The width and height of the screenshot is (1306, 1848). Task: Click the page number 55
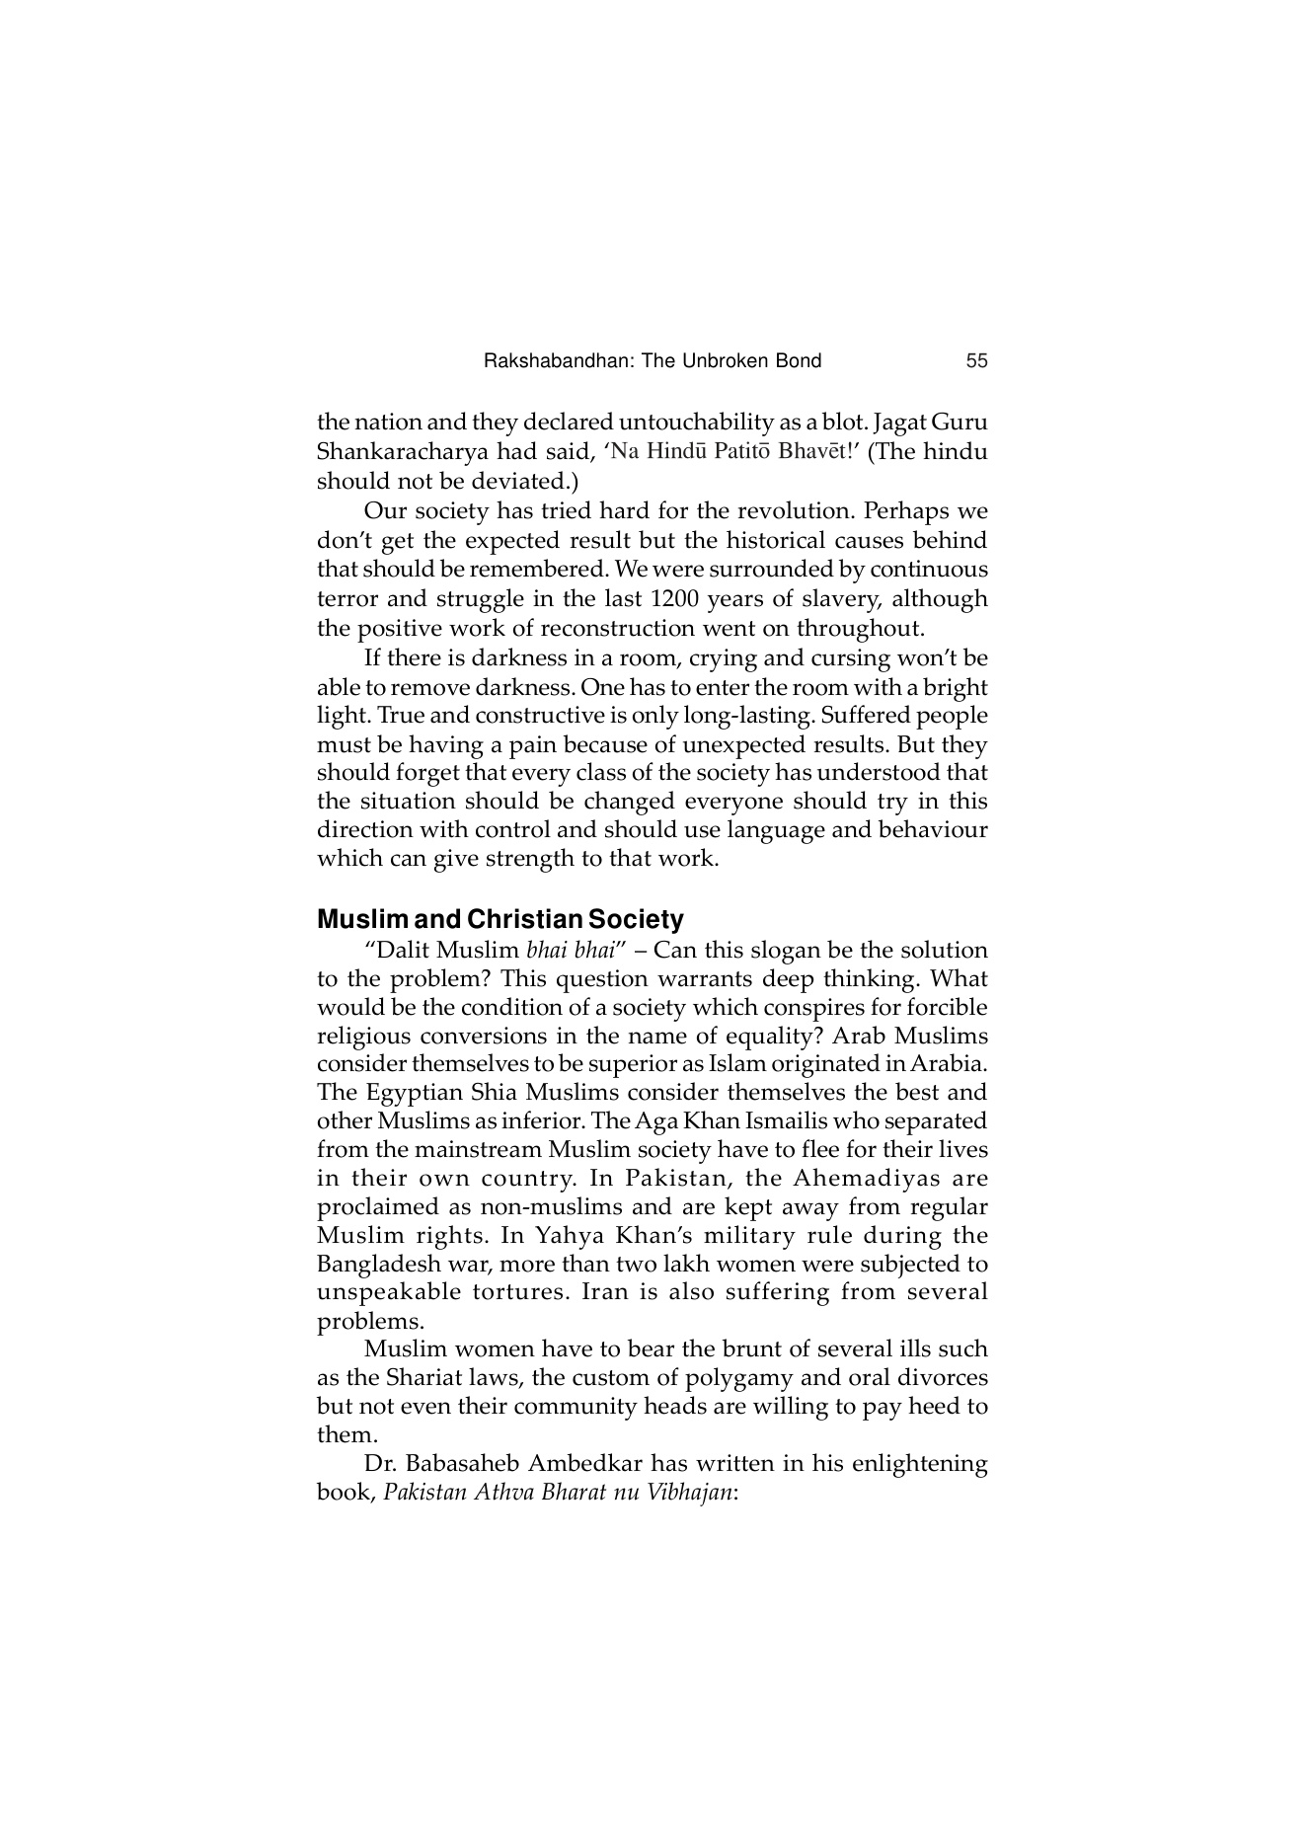click(976, 361)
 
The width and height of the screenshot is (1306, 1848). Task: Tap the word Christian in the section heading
click(524, 920)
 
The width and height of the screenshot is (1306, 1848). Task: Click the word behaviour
click(931, 829)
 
